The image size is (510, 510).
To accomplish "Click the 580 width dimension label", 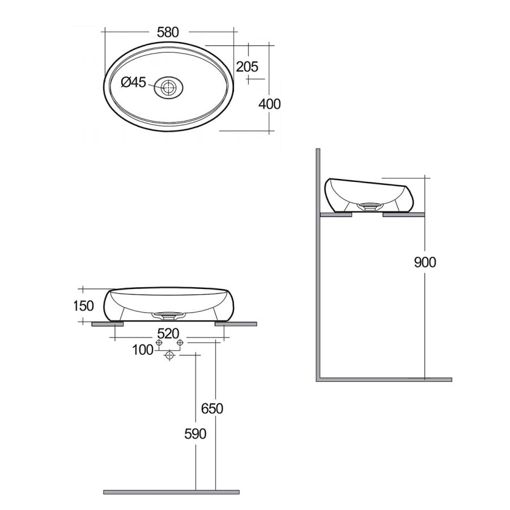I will click(168, 33).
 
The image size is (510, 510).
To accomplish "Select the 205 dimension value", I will click(246, 66).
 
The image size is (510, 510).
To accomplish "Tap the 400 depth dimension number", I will click(270, 104).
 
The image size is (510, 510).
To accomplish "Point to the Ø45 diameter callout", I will click(134, 83).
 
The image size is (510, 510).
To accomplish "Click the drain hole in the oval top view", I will click(168, 87).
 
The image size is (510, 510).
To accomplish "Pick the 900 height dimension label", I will click(425, 262).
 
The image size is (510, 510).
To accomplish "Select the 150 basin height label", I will click(83, 306).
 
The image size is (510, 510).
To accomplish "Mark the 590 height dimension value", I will click(194, 434).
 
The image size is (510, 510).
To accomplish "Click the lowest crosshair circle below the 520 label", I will click(168, 355).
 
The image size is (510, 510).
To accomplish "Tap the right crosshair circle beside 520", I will click(180, 343).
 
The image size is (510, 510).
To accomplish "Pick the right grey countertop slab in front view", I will click(236, 324).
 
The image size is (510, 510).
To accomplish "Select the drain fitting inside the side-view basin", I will click(368, 206).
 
